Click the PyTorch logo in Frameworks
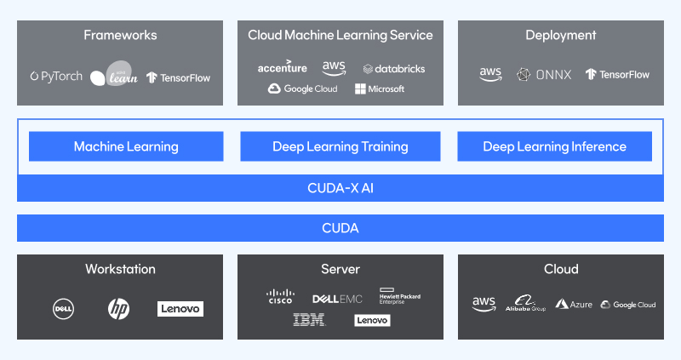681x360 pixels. [56, 77]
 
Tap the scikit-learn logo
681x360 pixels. [113, 77]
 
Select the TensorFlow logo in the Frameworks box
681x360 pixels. [178, 77]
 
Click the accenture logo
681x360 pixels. [282, 67]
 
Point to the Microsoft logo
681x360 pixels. [380, 89]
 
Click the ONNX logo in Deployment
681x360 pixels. [544, 74]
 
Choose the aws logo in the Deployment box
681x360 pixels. [490, 74]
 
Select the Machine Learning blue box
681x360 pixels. [126, 146]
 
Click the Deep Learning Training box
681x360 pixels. [340, 146]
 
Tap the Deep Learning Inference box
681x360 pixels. [554, 146]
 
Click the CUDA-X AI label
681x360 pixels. [340, 187]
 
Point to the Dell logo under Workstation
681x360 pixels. [64, 308]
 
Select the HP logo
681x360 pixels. [119, 308]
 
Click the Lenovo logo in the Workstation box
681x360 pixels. [180, 308]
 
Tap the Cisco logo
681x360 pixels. [279, 297]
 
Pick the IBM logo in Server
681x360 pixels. [308, 320]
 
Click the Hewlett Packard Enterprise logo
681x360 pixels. [400, 296]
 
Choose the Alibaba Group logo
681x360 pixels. [524, 304]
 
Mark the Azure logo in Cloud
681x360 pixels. [574, 304]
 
